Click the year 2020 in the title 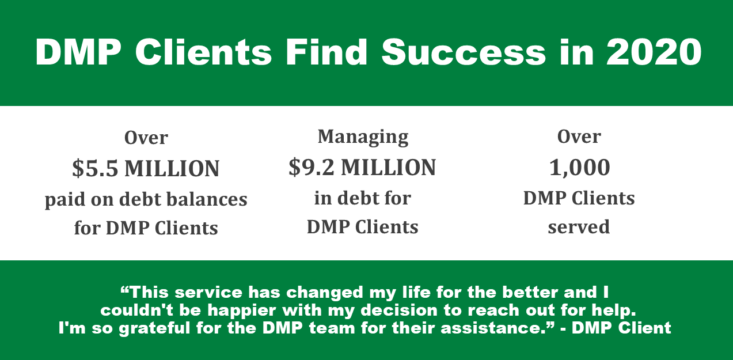[654, 52]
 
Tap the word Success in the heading [464, 52]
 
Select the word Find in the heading [326, 52]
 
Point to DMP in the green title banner [78, 52]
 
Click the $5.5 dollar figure [95, 169]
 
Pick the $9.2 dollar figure [311, 167]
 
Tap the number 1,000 [579, 168]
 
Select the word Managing [363, 138]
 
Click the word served [579, 227]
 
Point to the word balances [207, 199]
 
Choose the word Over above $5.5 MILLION [146, 138]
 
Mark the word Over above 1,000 [579, 137]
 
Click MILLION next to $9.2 [389, 167]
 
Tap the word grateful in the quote [154, 328]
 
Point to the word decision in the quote [399, 310]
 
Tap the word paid [65, 200]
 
